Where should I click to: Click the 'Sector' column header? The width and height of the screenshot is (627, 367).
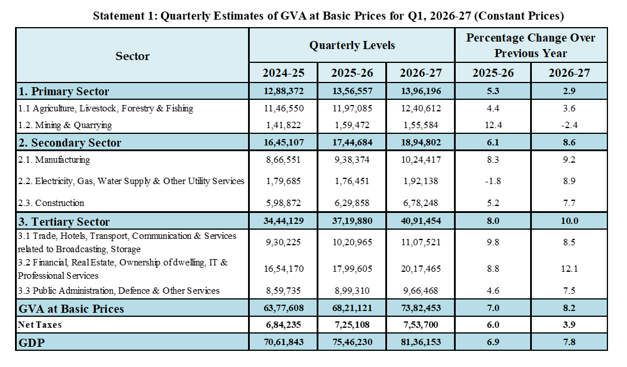coord(132,56)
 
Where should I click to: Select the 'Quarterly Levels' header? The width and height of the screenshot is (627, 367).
coord(352,45)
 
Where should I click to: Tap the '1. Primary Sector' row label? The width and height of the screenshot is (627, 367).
coord(63,91)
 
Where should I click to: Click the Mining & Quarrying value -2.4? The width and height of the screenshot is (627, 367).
coord(569,125)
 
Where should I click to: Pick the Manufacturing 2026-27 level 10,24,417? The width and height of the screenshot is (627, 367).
coord(420,160)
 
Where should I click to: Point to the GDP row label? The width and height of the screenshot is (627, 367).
coord(32,343)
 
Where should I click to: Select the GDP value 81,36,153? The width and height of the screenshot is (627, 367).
coord(420,342)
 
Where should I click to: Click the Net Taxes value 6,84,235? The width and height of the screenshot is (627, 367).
coord(284,324)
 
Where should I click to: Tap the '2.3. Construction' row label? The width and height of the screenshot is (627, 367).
coord(51,203)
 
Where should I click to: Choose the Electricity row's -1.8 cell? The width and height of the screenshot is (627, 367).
coord(493,181)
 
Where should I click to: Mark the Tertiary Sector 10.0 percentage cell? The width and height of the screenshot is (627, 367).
coord(569,221)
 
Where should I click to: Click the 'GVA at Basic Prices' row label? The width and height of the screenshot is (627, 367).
coord(71,309)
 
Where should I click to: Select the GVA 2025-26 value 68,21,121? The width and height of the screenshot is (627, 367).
coord(352,308)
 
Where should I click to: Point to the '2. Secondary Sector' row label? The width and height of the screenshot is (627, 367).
coord(70,143)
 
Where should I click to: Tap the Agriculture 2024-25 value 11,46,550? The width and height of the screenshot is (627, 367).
coord(284,108)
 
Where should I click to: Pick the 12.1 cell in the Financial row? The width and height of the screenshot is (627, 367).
coord(569,268)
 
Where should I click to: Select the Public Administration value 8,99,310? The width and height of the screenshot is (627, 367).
coord(352,291)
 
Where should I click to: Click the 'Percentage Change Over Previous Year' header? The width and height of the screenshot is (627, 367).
coord(531,45)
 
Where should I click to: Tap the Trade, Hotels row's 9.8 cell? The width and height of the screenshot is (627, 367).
coord(493,242)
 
